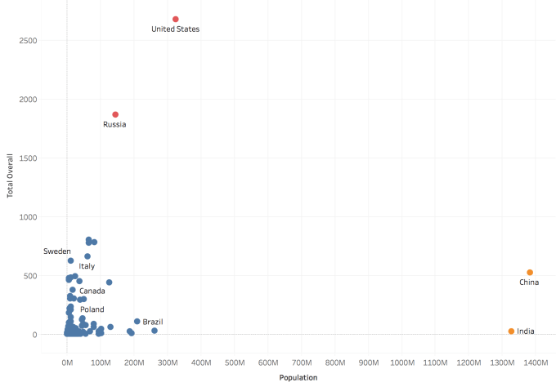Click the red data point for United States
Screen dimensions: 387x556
click(x=176, y=19)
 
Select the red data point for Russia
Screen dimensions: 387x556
click(x=115, y=114)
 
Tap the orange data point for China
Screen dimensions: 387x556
click(x=530, y=273)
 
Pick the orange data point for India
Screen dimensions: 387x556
click(x=511, y=331)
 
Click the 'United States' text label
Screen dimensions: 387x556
click(x=176, y=29)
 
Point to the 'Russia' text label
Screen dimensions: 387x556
click(x=114, y=125)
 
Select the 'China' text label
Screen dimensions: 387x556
click(x=529, y=282)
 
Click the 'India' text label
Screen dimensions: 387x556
click(x=526, y=331)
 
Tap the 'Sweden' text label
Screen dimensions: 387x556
click(x=57, y=251)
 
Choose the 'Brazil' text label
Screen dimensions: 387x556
click(x=153, y=322)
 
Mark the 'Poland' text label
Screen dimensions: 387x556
click(x=92, y=310)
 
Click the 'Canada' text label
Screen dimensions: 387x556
click(x=92, y=291)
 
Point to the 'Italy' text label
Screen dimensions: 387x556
click(x=87, y=266)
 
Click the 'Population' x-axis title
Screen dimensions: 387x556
click(x=298, y=378)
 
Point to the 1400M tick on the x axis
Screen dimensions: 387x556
click(x=536, y=361)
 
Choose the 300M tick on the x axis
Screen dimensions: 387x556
click(x=168, y=361)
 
